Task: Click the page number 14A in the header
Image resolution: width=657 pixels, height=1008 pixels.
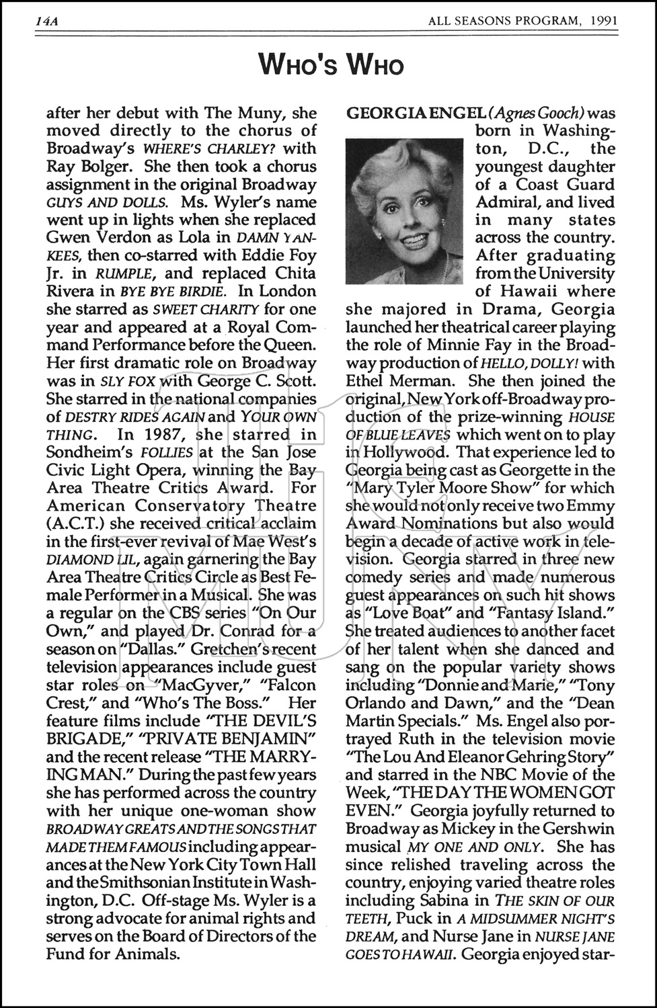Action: click(x=47, y=21)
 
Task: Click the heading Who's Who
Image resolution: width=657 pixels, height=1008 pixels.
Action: click(x=331, y=65)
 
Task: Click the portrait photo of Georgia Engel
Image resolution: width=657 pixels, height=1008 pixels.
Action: click(x=404, y=211)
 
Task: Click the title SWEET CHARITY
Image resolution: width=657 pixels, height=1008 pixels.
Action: click(x=196, y=310)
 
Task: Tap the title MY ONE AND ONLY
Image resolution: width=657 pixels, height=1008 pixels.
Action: click(x=464, y=847)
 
